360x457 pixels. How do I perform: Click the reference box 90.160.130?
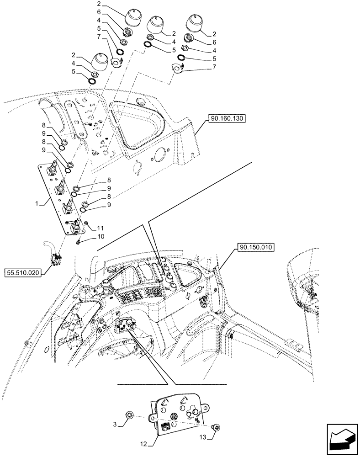pos(227,119)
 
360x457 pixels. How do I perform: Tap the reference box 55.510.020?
pos(23,273)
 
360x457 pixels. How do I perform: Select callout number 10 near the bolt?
pos(100,237)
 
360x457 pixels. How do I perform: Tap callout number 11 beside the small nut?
pos(100,227)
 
